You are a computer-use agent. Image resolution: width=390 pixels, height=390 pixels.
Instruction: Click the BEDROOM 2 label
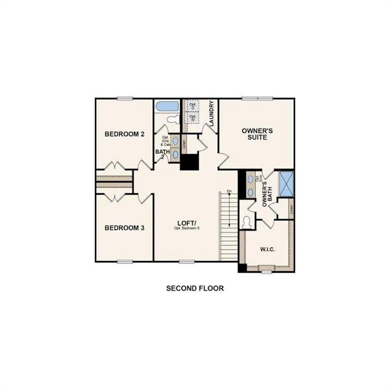[x=124, y=134]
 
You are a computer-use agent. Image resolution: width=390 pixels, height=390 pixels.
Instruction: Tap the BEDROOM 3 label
[x=124, y=228]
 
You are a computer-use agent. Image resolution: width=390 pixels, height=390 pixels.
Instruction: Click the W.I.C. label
[x=268, y=249]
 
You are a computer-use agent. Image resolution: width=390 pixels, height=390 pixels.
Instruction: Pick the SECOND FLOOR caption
[x=195, y=288]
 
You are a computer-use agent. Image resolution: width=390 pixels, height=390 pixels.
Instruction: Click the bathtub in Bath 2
[x=167, y=107]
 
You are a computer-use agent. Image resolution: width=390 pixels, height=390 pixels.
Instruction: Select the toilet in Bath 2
[x=173, y=119]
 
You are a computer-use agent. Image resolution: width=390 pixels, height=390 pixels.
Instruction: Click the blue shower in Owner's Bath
[x=287, y=184]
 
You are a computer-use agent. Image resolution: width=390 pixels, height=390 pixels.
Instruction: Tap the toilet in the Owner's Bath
[x=247, y=222]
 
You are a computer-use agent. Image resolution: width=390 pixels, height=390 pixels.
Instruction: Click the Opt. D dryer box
[x=192, y=106]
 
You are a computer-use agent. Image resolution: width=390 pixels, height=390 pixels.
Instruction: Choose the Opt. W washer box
[x=192, y=117]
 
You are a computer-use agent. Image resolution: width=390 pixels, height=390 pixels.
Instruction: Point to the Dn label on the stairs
[x=229, y=191]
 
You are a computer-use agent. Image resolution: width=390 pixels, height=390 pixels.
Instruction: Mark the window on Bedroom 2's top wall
[x=124, y=99]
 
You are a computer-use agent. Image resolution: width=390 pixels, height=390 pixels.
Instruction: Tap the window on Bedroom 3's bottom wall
[x=124, y=262]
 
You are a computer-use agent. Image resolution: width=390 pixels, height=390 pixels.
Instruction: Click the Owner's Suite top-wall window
[x=257, y=99]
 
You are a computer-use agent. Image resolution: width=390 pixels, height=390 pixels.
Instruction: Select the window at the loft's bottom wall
[x=186, y=262]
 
